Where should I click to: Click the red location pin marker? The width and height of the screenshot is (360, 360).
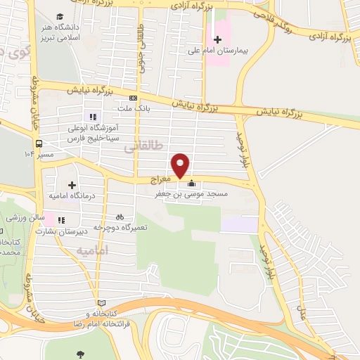pyautogui.click(x=181, y=164)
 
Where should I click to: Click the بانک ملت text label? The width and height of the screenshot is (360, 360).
pyautogui.click(x=133, y=109)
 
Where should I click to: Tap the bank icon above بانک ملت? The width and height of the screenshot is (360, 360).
pyautogui.click(x=133, y=98)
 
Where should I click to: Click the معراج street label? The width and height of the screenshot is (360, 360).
pyautogui.click(x=161, y=181)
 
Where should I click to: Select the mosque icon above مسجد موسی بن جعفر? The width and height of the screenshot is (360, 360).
pyautogui.click(x=191, y=184)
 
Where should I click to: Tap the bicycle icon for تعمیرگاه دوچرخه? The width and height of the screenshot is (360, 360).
pyautogui.click(x=120, y=217)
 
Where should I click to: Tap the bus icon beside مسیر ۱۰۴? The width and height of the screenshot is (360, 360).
pyautogui.click(x=28, y=153)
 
